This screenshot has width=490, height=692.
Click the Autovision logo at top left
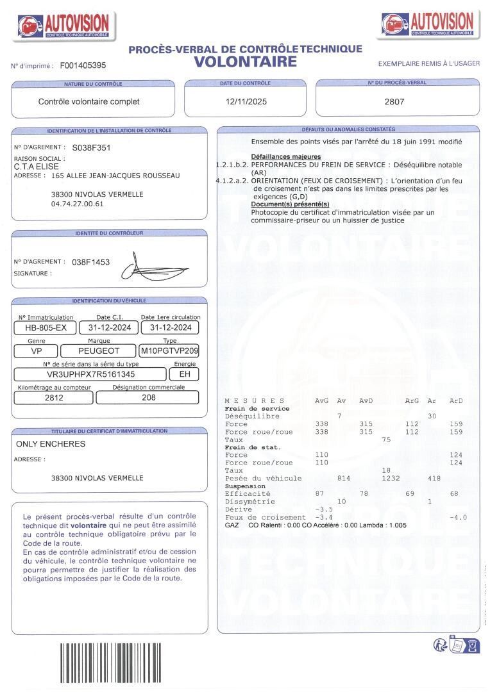65,25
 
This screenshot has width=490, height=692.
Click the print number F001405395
83,65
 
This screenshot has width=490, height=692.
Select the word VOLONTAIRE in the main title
246,62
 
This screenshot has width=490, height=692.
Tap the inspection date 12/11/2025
246,101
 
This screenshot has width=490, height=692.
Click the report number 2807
394,101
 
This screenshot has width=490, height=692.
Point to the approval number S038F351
92,147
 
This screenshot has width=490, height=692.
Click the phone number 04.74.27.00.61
77,204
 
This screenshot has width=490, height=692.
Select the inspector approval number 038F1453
91,261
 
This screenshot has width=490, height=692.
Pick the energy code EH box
185,374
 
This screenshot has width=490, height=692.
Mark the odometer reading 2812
54,397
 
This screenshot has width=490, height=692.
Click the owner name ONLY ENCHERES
50,443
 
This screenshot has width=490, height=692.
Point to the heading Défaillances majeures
285,156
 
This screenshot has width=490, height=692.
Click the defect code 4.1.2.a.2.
232,181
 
